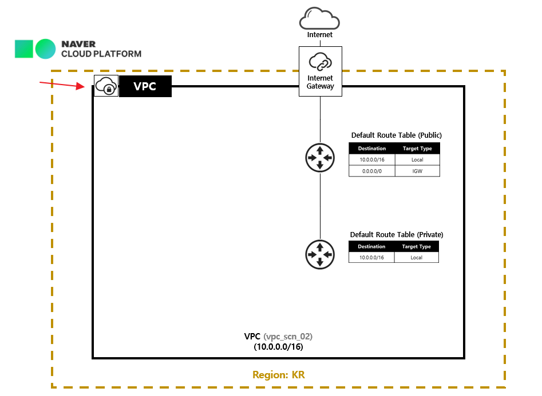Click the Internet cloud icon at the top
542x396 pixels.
tap(320, 19)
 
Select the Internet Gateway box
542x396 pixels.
tap(320, 71)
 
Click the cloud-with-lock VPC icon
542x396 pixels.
tap(106, 86)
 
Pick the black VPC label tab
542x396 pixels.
tap(145, 86)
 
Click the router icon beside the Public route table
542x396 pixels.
tap(320, 157)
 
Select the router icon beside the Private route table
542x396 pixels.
tap(320, 254)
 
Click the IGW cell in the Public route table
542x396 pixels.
tap(417, 171)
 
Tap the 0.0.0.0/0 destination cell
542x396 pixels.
tap(372, 171)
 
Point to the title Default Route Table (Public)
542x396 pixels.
tap(396, 135)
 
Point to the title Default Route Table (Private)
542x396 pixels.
tap(397, 234)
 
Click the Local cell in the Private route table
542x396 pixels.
tap(417, 258)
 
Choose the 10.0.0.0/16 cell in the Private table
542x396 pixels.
tap(371, 258)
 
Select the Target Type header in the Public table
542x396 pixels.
tap(417, 149)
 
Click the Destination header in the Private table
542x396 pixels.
tap(371, 247)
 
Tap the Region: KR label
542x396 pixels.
tap(279, 375)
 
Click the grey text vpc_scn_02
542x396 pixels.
tap(288, 336)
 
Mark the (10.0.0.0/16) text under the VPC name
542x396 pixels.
tap(278, 346)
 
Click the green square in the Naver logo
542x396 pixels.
tap(24, 49)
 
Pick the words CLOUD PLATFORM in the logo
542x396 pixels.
tap(101, 54)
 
